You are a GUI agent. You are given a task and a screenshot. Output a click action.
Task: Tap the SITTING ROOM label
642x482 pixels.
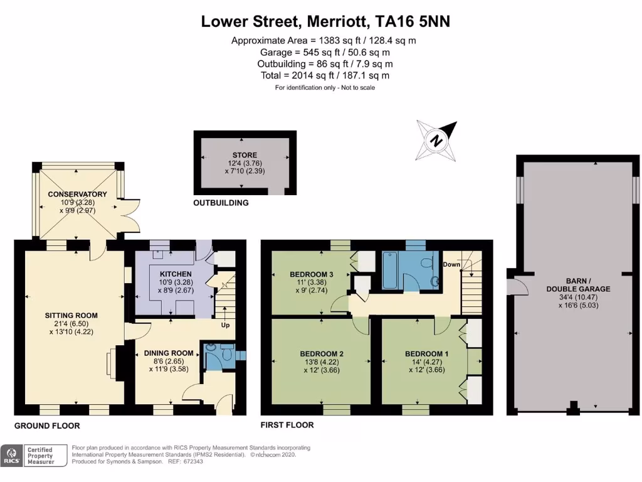tap(71, 316)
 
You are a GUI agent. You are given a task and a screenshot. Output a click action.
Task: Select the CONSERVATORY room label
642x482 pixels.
tap(77, 194)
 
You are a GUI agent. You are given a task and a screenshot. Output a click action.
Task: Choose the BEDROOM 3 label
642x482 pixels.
tap(311, 274)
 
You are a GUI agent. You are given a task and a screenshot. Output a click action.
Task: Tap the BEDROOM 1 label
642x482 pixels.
tap(426, 353)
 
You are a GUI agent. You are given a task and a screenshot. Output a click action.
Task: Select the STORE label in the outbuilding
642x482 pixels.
tap(245, 155)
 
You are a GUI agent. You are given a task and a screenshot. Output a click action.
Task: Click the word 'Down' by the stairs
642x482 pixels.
tap(451, 265)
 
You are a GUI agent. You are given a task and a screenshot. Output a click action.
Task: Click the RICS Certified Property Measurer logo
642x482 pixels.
tap(35, 455)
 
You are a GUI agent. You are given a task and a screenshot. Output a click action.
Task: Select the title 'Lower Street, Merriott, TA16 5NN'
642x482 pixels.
tap(325, 21)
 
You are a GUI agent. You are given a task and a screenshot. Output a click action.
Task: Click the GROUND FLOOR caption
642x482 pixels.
tap(47, 426)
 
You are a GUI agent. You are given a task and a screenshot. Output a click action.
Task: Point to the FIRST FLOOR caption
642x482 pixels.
tap(287, 425)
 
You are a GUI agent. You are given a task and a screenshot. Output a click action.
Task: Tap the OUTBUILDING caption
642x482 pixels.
tap(221, 203)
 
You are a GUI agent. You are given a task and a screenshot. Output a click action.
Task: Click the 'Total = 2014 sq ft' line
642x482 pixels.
tap(325, 75)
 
